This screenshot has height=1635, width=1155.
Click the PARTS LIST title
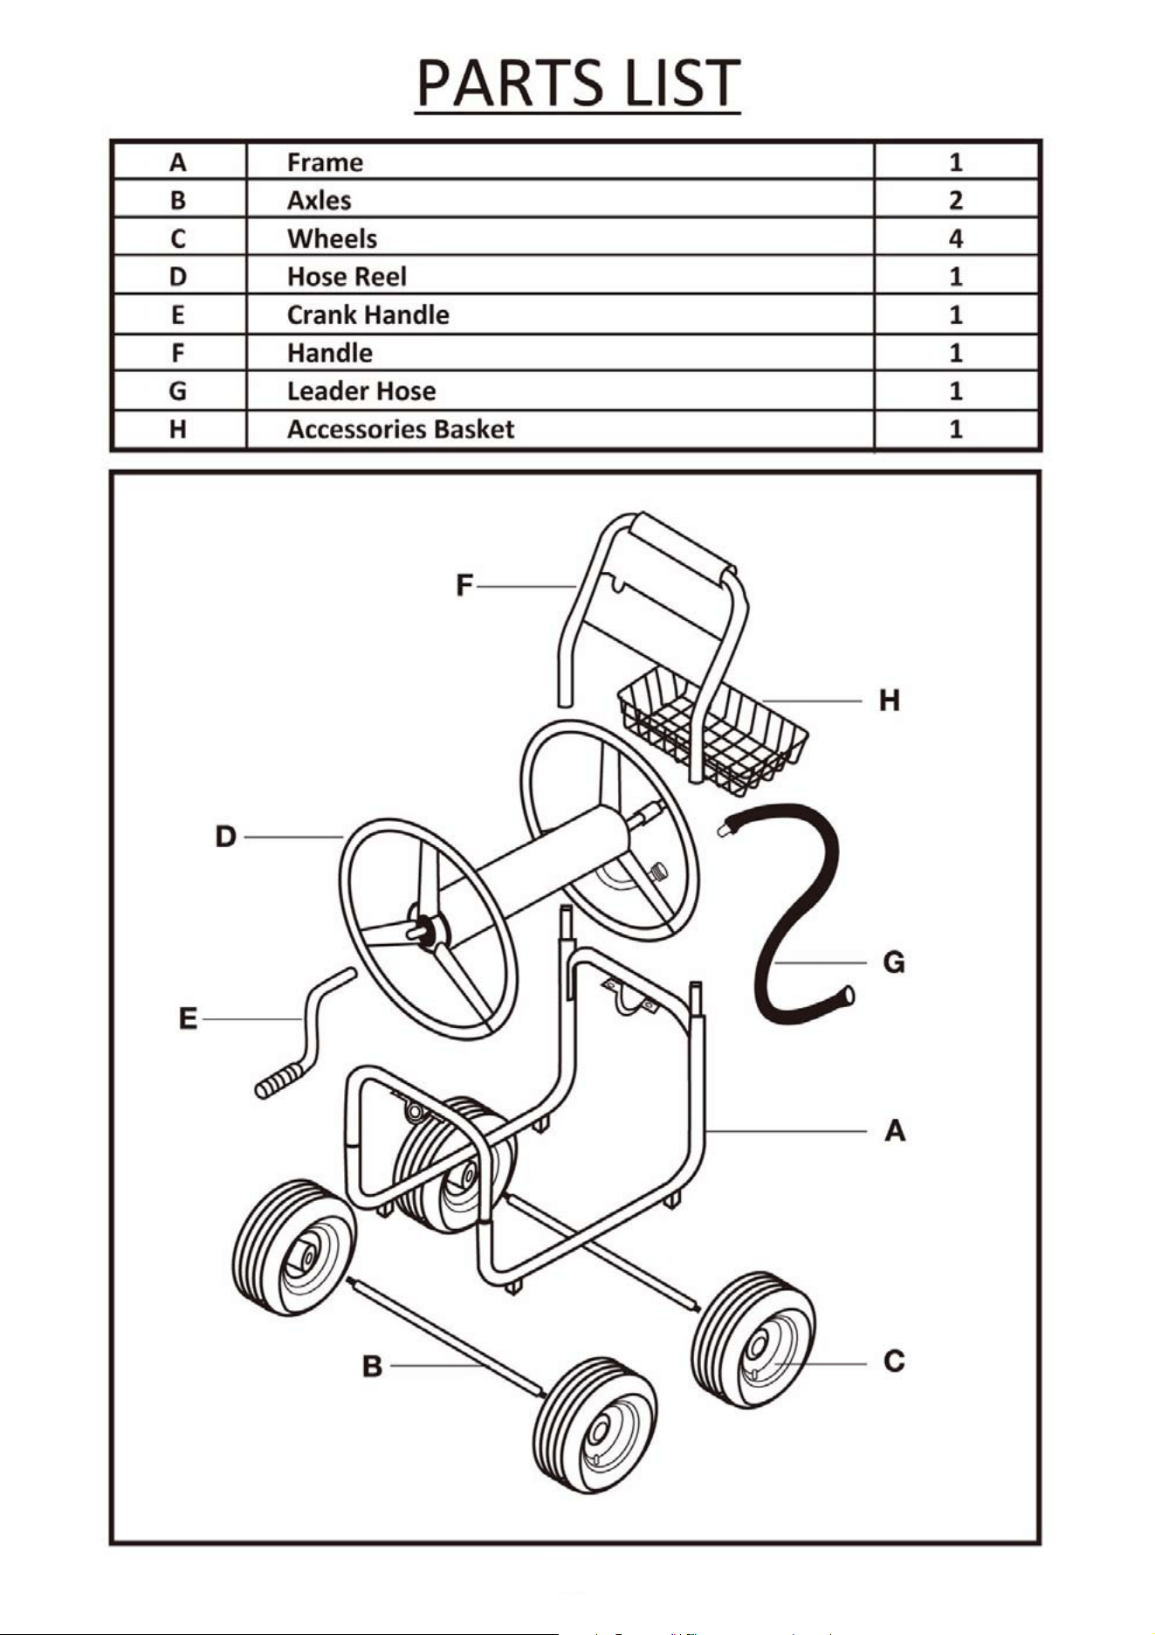578,84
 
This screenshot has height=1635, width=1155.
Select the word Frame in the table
325,162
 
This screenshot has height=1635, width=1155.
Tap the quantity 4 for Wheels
956,238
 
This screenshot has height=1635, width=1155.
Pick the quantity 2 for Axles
956,200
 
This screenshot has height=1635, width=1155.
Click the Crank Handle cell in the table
368,314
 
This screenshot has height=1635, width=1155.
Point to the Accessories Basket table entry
401,429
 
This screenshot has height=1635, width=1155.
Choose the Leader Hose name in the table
361,390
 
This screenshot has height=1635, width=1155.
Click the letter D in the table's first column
178,277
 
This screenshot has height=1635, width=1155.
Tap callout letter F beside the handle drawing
464,585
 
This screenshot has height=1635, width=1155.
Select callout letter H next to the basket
889,700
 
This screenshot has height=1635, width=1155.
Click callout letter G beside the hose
894,962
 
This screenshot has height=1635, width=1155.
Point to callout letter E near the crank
188,1018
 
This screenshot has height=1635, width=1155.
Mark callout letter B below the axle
373,1365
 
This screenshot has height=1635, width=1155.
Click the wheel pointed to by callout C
753,1339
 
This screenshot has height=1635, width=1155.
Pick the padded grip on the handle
679,551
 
